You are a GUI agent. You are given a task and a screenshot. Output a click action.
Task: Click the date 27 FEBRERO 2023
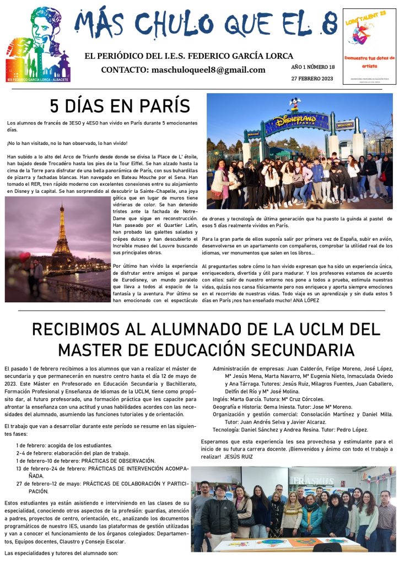click(312, 78)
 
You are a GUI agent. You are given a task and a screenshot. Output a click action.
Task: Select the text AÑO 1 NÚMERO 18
click(312, 67)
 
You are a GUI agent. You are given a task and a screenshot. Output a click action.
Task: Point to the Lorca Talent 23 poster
click(369, 46)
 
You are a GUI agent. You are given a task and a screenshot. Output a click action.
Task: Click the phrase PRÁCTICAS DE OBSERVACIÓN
click(118, 460)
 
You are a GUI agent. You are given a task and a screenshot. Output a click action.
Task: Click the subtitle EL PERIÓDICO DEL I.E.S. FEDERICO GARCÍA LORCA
click(188, 56)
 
